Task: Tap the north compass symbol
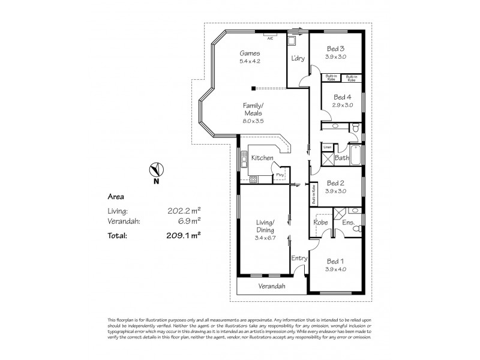(x=155, y=169)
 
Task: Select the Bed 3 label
(x=335, y=49)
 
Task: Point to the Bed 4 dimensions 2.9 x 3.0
(x=343, y=104)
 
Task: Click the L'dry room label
(x=298, y=59)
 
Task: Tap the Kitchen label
(x=262, y=157)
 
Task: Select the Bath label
(x=342, y=158)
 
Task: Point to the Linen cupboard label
(x=327, y=146)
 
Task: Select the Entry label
(x=299, y=258)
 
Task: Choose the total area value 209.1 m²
(x=184, y=236)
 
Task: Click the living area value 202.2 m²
(x=184, y=211)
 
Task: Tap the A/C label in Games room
(x=270, y=37)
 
